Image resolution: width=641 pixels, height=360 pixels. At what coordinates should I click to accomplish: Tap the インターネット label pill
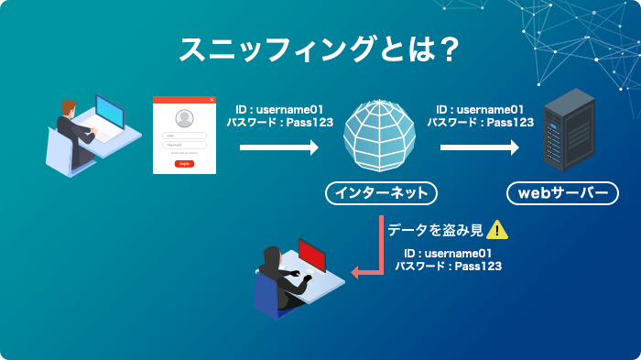(380, 193)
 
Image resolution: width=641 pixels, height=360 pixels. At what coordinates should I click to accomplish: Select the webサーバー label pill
(562, 193)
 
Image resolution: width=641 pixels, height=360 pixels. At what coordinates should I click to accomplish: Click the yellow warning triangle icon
(496, 231)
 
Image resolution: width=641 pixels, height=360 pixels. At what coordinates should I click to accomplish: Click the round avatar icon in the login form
(184, 118)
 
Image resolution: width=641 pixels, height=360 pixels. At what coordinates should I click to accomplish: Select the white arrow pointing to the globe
(278, 147)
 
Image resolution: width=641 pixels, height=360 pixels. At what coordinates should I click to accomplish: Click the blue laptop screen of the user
(109, 114)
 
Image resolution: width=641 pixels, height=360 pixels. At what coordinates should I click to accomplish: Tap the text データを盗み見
(434, 231)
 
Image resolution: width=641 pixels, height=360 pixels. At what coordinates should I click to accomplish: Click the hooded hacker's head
(271, 259)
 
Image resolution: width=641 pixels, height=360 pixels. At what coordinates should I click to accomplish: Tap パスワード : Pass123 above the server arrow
(480, 121)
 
